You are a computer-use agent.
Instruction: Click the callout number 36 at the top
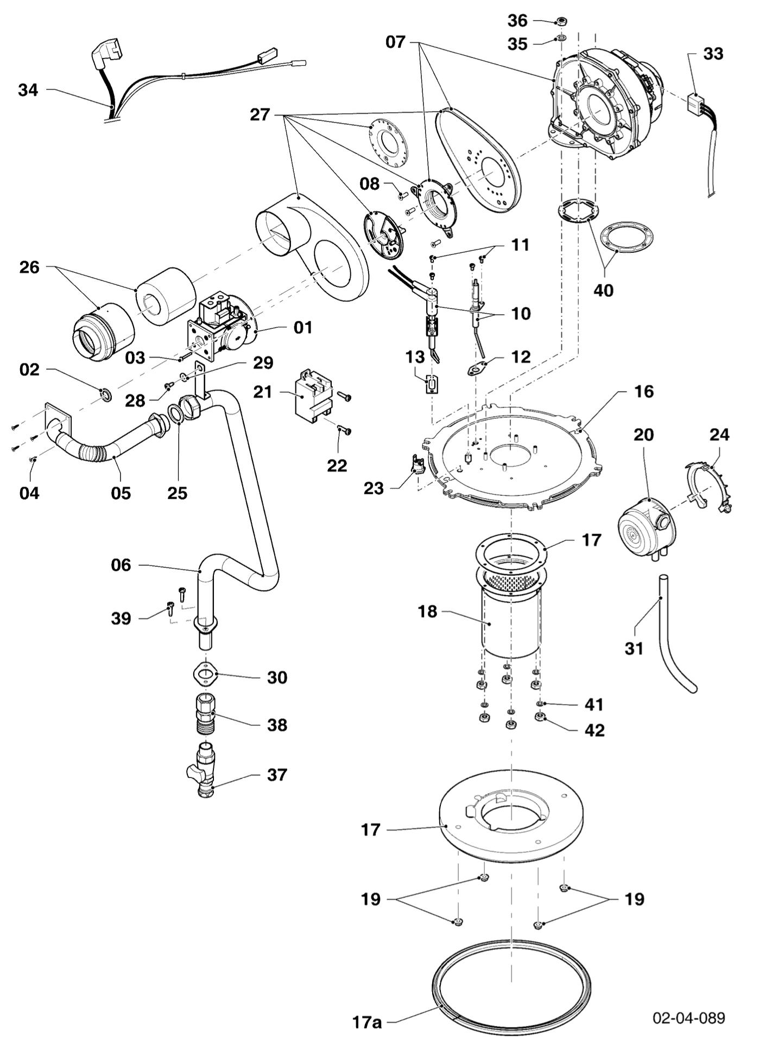pyautogui.click(x=517, y=21)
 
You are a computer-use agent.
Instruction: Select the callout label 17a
pyautogui.click(x=367, y=1022)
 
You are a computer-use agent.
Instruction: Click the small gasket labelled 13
pyautogui.click(x=432, y=385)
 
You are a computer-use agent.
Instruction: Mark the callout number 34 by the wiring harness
pyautogui.click(x=28, y=90)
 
